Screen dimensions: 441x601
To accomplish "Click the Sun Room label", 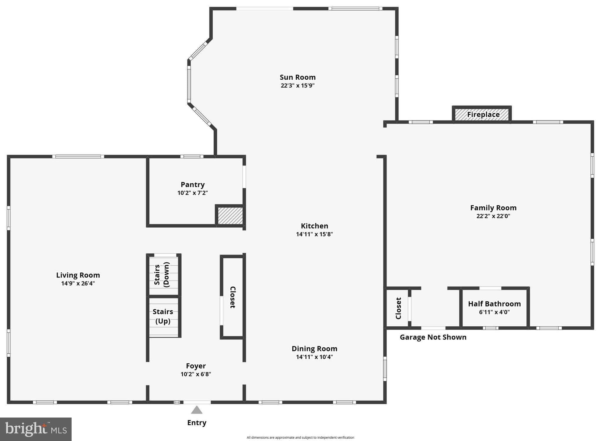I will pyautogui.click(x=297, y=77).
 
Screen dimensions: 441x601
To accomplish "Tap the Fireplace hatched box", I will pyautogui.click(x=482, y=114).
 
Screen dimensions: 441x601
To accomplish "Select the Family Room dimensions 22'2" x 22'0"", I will pyautogui.click(x=493, y=216).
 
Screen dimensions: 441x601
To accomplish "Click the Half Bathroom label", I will pyautogui.click(x=494, y=304).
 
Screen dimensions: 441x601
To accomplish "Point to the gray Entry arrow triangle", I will pyautogui.click(x=197, y=410).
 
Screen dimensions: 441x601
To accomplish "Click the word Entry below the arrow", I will pyautogui.click(x=197, y=423).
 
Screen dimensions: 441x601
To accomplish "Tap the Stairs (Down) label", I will pyautogui.click(x=162, y=275).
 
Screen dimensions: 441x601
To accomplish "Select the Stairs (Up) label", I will pyautogui.click(x=163, y=316).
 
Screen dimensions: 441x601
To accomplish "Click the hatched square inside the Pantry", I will pyautogui.click(x=230, y=216).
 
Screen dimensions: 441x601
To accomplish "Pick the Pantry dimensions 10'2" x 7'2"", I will pyautogui.click(x=193, y=193).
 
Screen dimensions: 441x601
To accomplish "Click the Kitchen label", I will pyautogui.click(x=314, y=226).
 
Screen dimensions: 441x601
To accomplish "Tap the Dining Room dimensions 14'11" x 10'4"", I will pyautogui.click(x=314, y=357).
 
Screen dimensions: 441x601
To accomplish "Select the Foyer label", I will pyautogui.click(x=196, y=366).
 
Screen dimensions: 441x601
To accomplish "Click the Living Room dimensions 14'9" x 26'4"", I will pyautogui.click(x=78, y=283).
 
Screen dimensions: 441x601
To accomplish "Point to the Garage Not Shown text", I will pyautogui.click(x=433, y=337).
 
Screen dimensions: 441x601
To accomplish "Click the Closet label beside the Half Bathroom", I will pyautogui.click(x=398, y=308).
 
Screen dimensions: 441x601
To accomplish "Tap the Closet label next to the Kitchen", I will pyautogui.click(x=232, y=297).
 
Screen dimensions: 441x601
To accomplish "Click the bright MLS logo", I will pyautogui.click(x=36, y=429).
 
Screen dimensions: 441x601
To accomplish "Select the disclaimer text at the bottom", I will pyautogui.click(x=300, y=437).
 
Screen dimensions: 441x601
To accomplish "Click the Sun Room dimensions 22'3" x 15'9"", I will pyautogui.click(x=297, y=86).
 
